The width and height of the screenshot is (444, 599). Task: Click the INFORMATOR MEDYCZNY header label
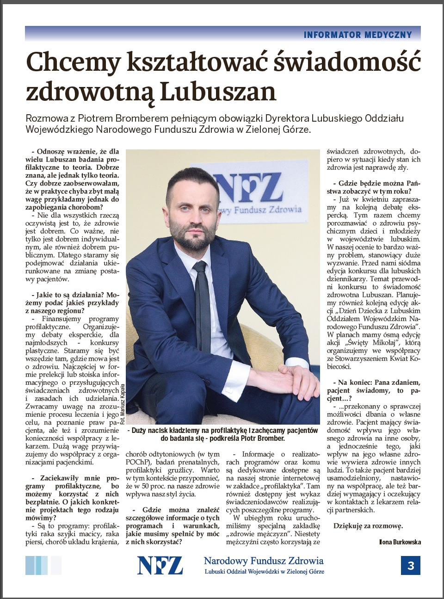click(x=358, y=35)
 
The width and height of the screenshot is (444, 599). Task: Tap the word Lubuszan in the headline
click(x=218, y=92)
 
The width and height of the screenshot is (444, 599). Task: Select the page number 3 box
click(x=410, y=565)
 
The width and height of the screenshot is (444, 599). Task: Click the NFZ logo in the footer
click(x=160, y=565)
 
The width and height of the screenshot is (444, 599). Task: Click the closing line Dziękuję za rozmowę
click(x=368, y=526)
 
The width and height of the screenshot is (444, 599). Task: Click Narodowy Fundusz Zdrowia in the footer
click(x=264, y=561)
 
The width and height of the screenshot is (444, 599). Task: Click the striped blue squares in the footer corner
click(x=43, y=565)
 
